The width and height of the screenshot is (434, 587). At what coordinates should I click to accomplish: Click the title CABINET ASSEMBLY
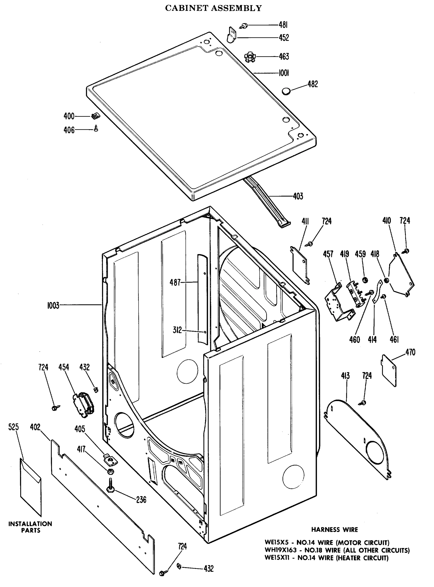(213, 8)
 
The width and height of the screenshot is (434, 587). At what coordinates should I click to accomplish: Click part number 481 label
(283, 25)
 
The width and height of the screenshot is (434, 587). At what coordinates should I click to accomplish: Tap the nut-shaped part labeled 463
(248, 57)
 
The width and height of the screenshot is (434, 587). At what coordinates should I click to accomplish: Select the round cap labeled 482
(286, 91)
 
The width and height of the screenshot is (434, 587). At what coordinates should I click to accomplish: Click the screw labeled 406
(96, 128)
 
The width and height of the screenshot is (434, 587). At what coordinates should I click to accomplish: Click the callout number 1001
(284, 73)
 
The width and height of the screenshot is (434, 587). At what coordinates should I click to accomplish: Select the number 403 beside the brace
(298, 196)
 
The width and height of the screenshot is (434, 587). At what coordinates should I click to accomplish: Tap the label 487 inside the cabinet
(175, 282)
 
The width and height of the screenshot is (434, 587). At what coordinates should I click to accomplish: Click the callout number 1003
(53, 305)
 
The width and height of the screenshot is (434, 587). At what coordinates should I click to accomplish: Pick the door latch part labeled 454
(83, 405)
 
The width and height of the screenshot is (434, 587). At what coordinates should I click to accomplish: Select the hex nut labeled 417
(110, 472)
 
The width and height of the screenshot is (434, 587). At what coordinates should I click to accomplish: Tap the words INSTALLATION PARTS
(30, 527)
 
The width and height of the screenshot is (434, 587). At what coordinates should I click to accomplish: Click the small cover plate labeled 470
(389, 370)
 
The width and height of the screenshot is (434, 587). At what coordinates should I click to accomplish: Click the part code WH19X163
(280, 550)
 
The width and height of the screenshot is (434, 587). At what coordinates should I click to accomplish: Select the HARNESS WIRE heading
(334, 530)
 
